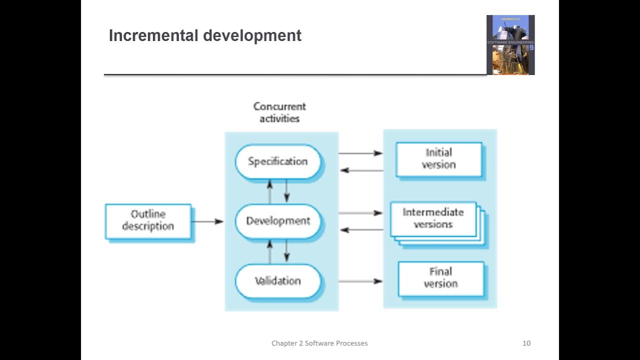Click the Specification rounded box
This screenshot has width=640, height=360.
click(x=278, y=161)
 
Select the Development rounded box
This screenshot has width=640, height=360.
click(x=278, y=221)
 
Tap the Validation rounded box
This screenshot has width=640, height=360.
click(x=278, y=281)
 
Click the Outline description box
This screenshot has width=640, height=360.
click(x=148, y=220)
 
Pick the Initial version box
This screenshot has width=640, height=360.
click(x=438, y=159)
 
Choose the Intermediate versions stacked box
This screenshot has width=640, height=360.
click(x=433, y=218)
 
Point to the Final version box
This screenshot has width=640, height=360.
click(x=440, y=278)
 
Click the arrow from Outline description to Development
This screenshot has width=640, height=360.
click(x=207, y=221)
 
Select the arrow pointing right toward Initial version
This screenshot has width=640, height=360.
click(x=360, y=153)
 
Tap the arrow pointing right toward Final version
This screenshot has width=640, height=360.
click(x=360, y=281)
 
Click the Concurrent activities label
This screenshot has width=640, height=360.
click(x=279, y=112)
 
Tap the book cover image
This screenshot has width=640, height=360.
click(x=510, y=45)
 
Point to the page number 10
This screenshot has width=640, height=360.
click(x=526, y=343)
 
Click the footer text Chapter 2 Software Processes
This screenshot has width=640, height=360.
click(x=319, y=343)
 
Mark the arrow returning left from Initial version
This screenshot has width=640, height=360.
click(x=361, y=170)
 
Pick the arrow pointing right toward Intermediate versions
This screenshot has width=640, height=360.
click(x=360, y=213)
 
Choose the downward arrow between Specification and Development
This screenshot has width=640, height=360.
click(x=286, y=190)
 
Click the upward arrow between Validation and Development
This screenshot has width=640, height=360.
click(x=270, y=251)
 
